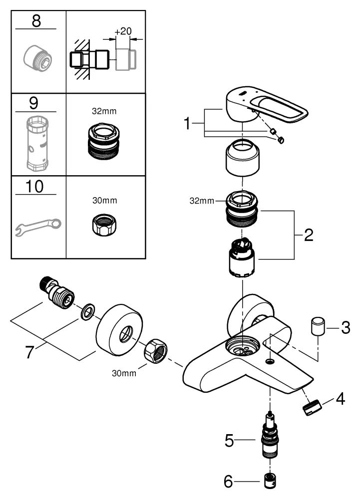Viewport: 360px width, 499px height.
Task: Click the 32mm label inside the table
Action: coord(105,112)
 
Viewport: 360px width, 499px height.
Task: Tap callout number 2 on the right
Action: coord(308,235)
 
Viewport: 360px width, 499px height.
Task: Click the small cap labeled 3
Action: coord(316,326)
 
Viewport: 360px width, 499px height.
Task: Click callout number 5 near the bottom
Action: coord(229,440)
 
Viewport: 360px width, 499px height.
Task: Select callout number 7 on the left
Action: coord(31,352)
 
